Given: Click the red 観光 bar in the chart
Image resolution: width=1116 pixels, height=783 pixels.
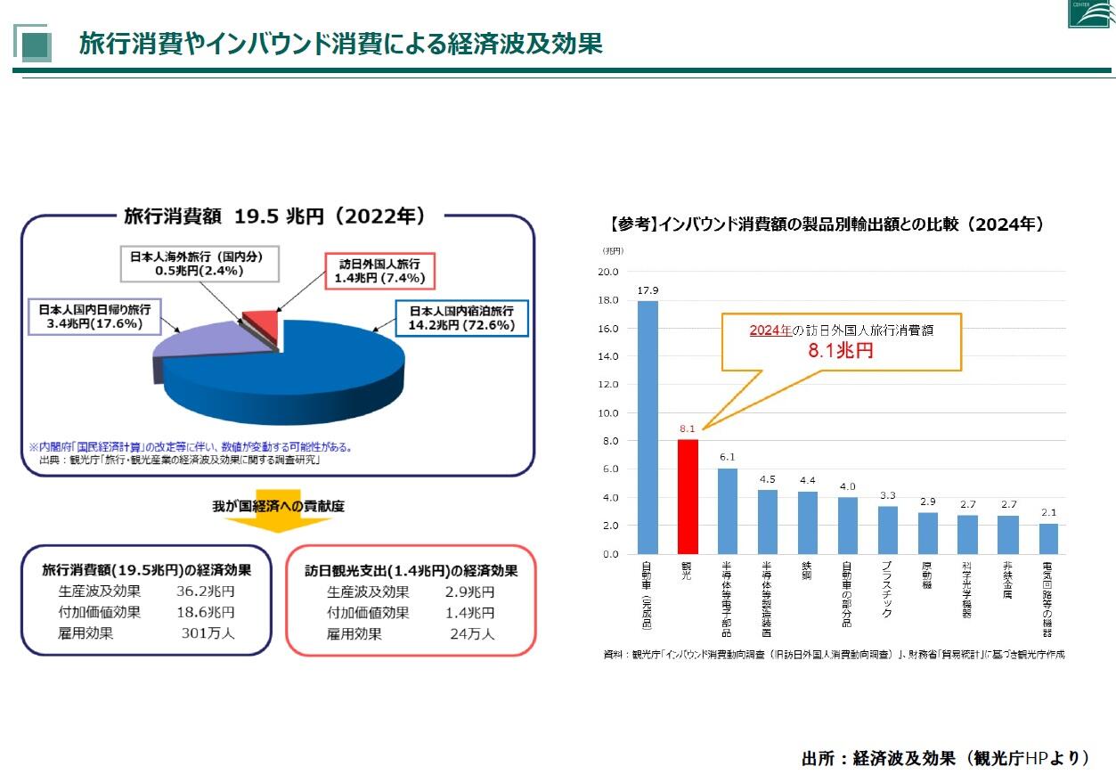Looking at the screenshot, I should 688,496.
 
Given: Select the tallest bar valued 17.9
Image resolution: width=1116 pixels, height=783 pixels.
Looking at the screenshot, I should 648,427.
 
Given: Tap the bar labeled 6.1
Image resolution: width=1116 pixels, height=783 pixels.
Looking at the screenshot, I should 728,510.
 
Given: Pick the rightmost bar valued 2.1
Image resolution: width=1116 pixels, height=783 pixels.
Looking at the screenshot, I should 1048,538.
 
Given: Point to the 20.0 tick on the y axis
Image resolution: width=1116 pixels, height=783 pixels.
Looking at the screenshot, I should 608,272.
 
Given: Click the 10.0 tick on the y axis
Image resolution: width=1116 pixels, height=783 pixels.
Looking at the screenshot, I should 608,413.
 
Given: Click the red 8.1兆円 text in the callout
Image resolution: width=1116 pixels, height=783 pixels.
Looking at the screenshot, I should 840,350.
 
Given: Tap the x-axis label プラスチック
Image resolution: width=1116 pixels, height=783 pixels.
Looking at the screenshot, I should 888,589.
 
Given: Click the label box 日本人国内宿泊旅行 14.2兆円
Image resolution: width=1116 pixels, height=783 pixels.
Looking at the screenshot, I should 461,318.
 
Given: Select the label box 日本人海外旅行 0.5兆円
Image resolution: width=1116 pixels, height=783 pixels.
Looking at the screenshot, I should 199,263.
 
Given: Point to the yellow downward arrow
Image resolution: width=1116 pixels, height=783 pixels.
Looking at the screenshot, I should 277,513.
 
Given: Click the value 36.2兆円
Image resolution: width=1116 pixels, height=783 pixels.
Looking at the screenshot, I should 206,591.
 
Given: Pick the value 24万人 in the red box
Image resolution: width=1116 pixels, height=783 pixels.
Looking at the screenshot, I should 472,634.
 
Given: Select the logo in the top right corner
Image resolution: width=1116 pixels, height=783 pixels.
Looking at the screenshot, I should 1088,12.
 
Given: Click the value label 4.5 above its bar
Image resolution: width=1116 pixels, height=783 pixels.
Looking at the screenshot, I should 767,479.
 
